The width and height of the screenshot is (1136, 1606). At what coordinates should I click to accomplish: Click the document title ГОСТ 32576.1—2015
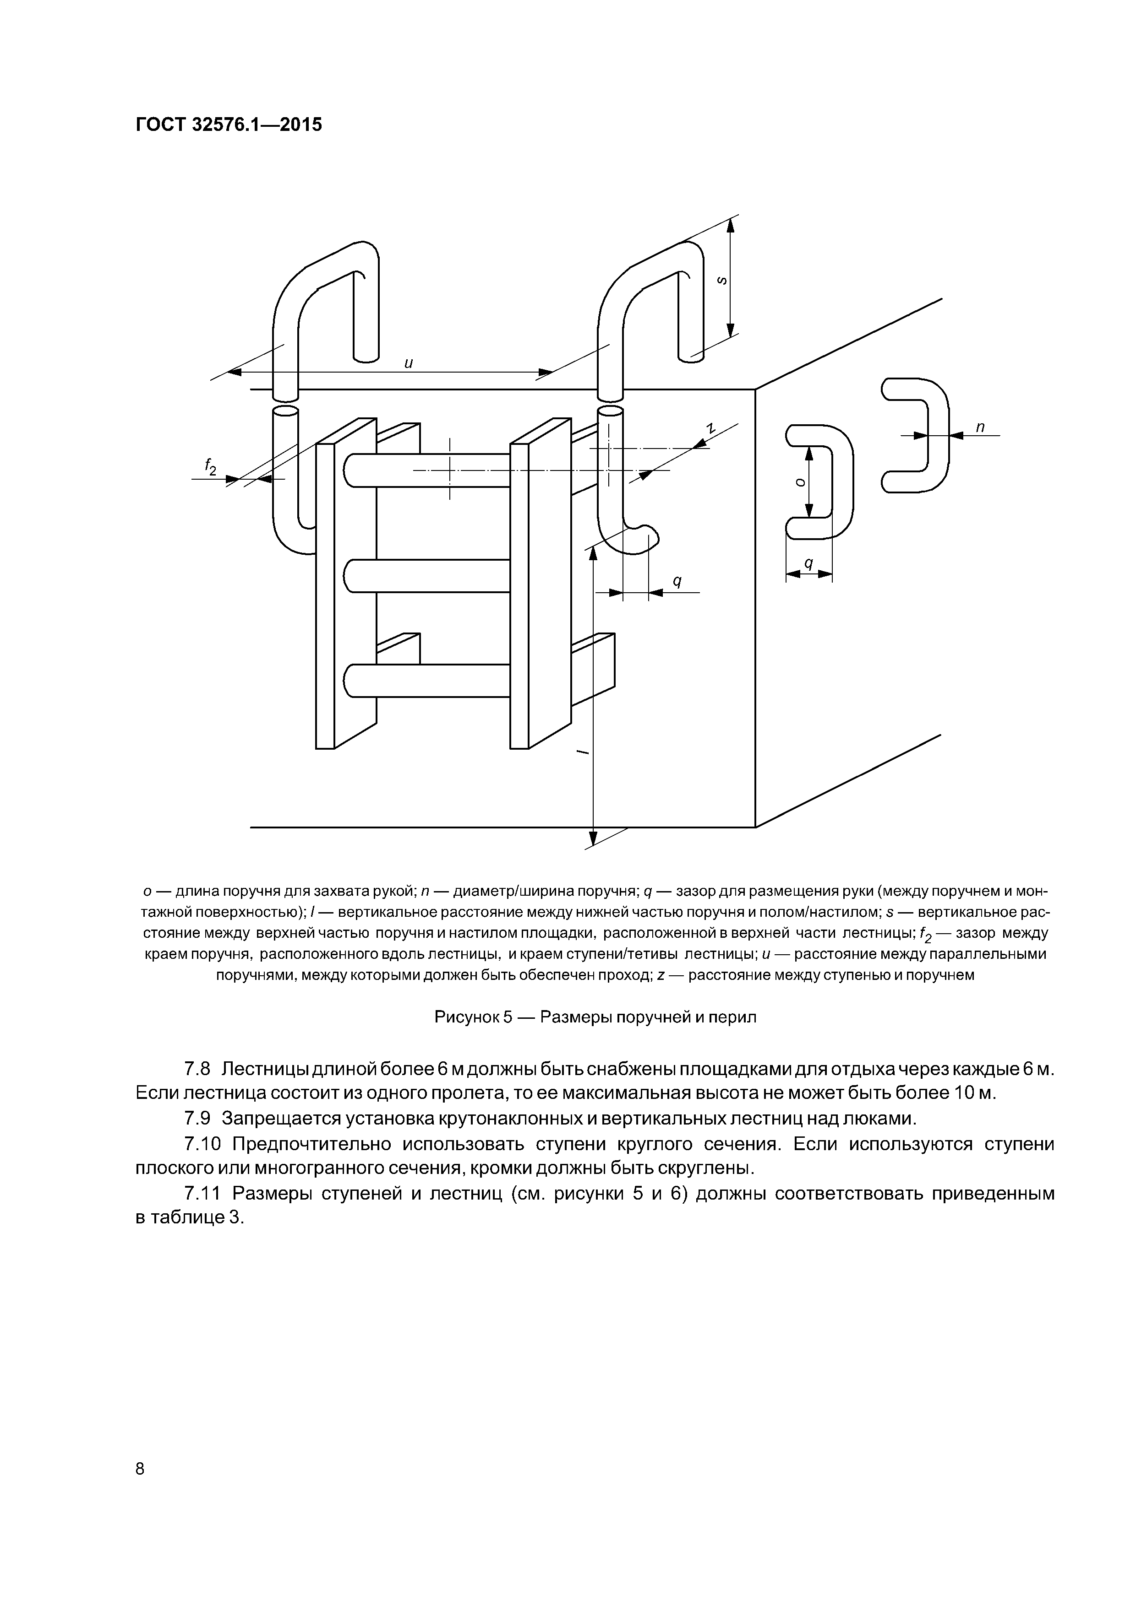click(x=228, y=125)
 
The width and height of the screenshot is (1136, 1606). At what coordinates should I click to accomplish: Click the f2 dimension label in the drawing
click(x=210, y=466)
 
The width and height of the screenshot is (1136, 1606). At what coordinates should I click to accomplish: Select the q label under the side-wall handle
click(x=808, y=563)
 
